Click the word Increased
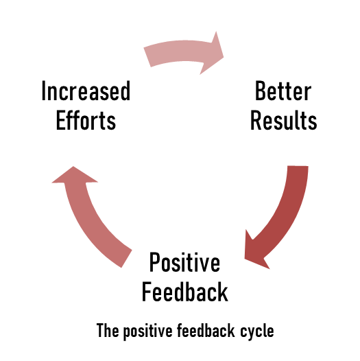point(86,91)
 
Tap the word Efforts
point(86,120)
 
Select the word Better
point(283,91)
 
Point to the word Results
point(284,120)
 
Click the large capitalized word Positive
point(184,262)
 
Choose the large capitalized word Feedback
point(185,292)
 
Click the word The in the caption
point(108,331)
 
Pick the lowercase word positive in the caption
point(148,331)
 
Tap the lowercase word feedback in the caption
point(206,331)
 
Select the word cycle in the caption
point(257,331)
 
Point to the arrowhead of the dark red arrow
point(254,252)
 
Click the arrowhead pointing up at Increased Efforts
point(74,176)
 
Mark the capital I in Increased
point(43,91)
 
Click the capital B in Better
point(261,91)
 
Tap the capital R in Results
point(256,120)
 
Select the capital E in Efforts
point(61,120)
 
